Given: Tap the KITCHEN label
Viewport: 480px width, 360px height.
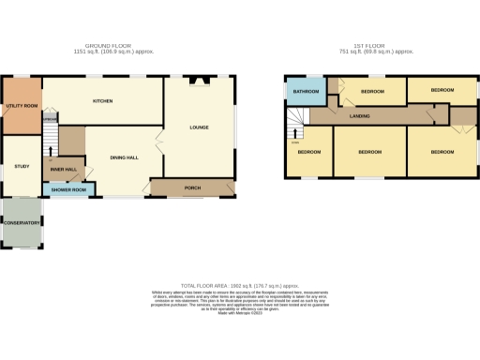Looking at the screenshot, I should pyautogui.click(x=102, y=100).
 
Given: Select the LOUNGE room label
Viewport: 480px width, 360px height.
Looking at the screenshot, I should pyautogui.click(x=199, y=127).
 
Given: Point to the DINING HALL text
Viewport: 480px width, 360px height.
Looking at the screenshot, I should pyautogui.click(x=125, y=157).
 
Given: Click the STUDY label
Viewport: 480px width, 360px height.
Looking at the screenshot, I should pyautogui.click(x=22, y=166).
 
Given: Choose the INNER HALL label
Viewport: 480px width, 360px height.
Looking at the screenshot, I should pyautogui.click(x=64, y=170).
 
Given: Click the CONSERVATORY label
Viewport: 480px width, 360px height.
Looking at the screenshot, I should pyautogui.click(x=22, y=223).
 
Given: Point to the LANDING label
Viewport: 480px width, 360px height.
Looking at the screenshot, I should pyautogui.click(x=359, y=116).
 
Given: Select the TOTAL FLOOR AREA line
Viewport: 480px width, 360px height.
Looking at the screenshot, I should pyautogui.click(x=240, y=284).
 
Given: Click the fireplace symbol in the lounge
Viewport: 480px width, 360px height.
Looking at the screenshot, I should pyautogui.click(x=200, y=81).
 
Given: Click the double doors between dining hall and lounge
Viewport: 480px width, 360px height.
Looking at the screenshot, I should pyautogui.click(x=157, y=142).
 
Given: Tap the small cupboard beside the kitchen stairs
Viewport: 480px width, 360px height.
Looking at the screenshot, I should pyautogui.click(x=51, y=118).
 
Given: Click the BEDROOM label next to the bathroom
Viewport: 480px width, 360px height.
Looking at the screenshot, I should pyautogui.click(x=374, y=92).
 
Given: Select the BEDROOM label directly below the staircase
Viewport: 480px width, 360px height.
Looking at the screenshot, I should pyautogui.click(x=308, y=151).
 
